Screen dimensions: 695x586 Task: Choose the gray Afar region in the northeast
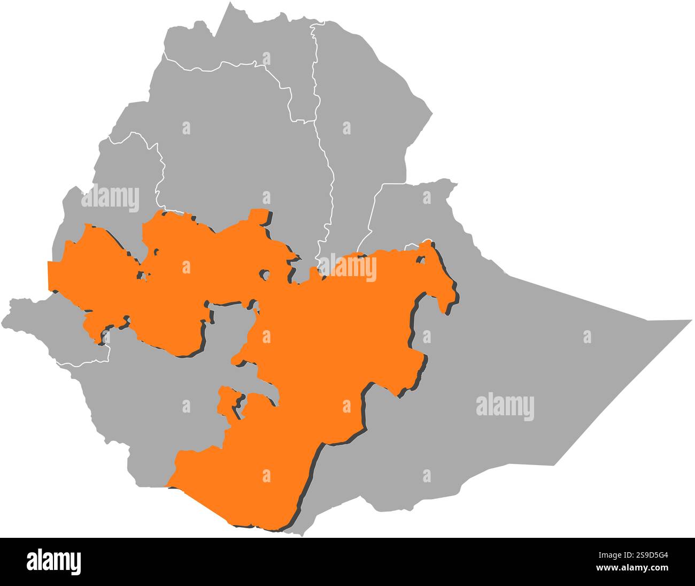click(x=364, y=123)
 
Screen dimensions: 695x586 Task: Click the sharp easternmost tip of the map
click(x=691, y=321)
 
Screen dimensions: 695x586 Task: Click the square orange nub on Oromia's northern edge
click(x=260, y=216)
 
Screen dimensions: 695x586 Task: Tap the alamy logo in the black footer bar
click(x=54, y=561)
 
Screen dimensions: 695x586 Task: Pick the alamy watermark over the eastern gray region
click(x=505, y=407)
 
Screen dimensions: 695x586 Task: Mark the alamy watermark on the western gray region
click(x=110, y=199)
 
